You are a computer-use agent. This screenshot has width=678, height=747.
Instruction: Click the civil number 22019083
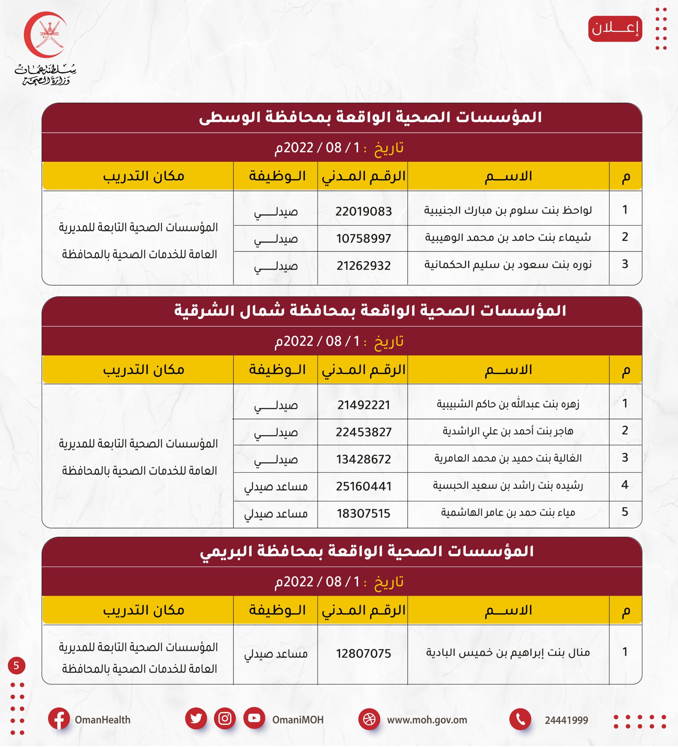363,212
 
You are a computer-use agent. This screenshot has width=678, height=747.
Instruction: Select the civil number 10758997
363,239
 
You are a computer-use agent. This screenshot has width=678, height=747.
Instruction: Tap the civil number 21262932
363,266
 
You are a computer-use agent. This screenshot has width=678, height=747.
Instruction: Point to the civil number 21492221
363,405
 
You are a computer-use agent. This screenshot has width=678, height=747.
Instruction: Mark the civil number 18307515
363,514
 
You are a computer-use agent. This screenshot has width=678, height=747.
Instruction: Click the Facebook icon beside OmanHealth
59,719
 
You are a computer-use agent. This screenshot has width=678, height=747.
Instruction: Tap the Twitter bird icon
196,718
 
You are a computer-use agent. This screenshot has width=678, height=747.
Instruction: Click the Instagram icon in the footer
225,718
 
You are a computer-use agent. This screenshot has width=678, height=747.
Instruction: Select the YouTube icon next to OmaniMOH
254,718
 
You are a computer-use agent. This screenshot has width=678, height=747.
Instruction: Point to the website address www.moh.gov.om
427,720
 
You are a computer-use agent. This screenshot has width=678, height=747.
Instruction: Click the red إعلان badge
615,29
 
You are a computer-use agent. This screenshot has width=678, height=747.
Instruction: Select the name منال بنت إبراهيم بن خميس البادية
507,652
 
